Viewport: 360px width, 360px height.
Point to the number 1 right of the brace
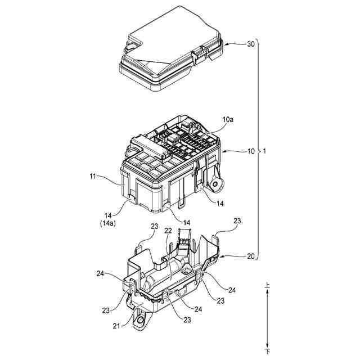[265, 152]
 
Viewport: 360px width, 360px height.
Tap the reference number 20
[251, 256]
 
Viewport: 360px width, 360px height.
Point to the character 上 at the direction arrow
[268, 286]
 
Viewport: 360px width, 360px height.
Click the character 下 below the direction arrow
[268, 352]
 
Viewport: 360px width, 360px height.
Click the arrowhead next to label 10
[225, 152]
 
